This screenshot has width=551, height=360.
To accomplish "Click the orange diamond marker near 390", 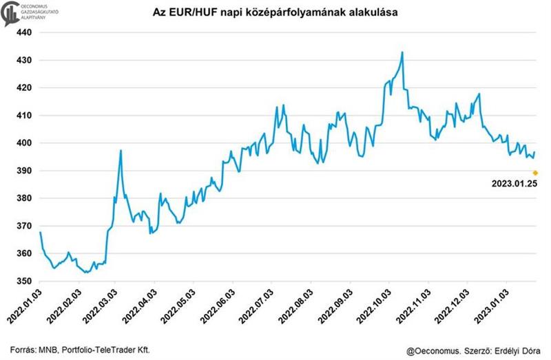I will pos(535,173).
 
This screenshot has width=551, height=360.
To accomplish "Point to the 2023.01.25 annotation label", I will pos(514,184).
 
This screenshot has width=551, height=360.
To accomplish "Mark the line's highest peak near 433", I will pos(402,52).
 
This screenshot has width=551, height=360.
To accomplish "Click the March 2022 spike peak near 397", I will pos(121,151).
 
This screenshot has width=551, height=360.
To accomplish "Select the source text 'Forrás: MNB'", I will pos(35,350).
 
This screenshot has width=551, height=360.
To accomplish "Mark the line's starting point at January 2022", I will pos(41,233).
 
